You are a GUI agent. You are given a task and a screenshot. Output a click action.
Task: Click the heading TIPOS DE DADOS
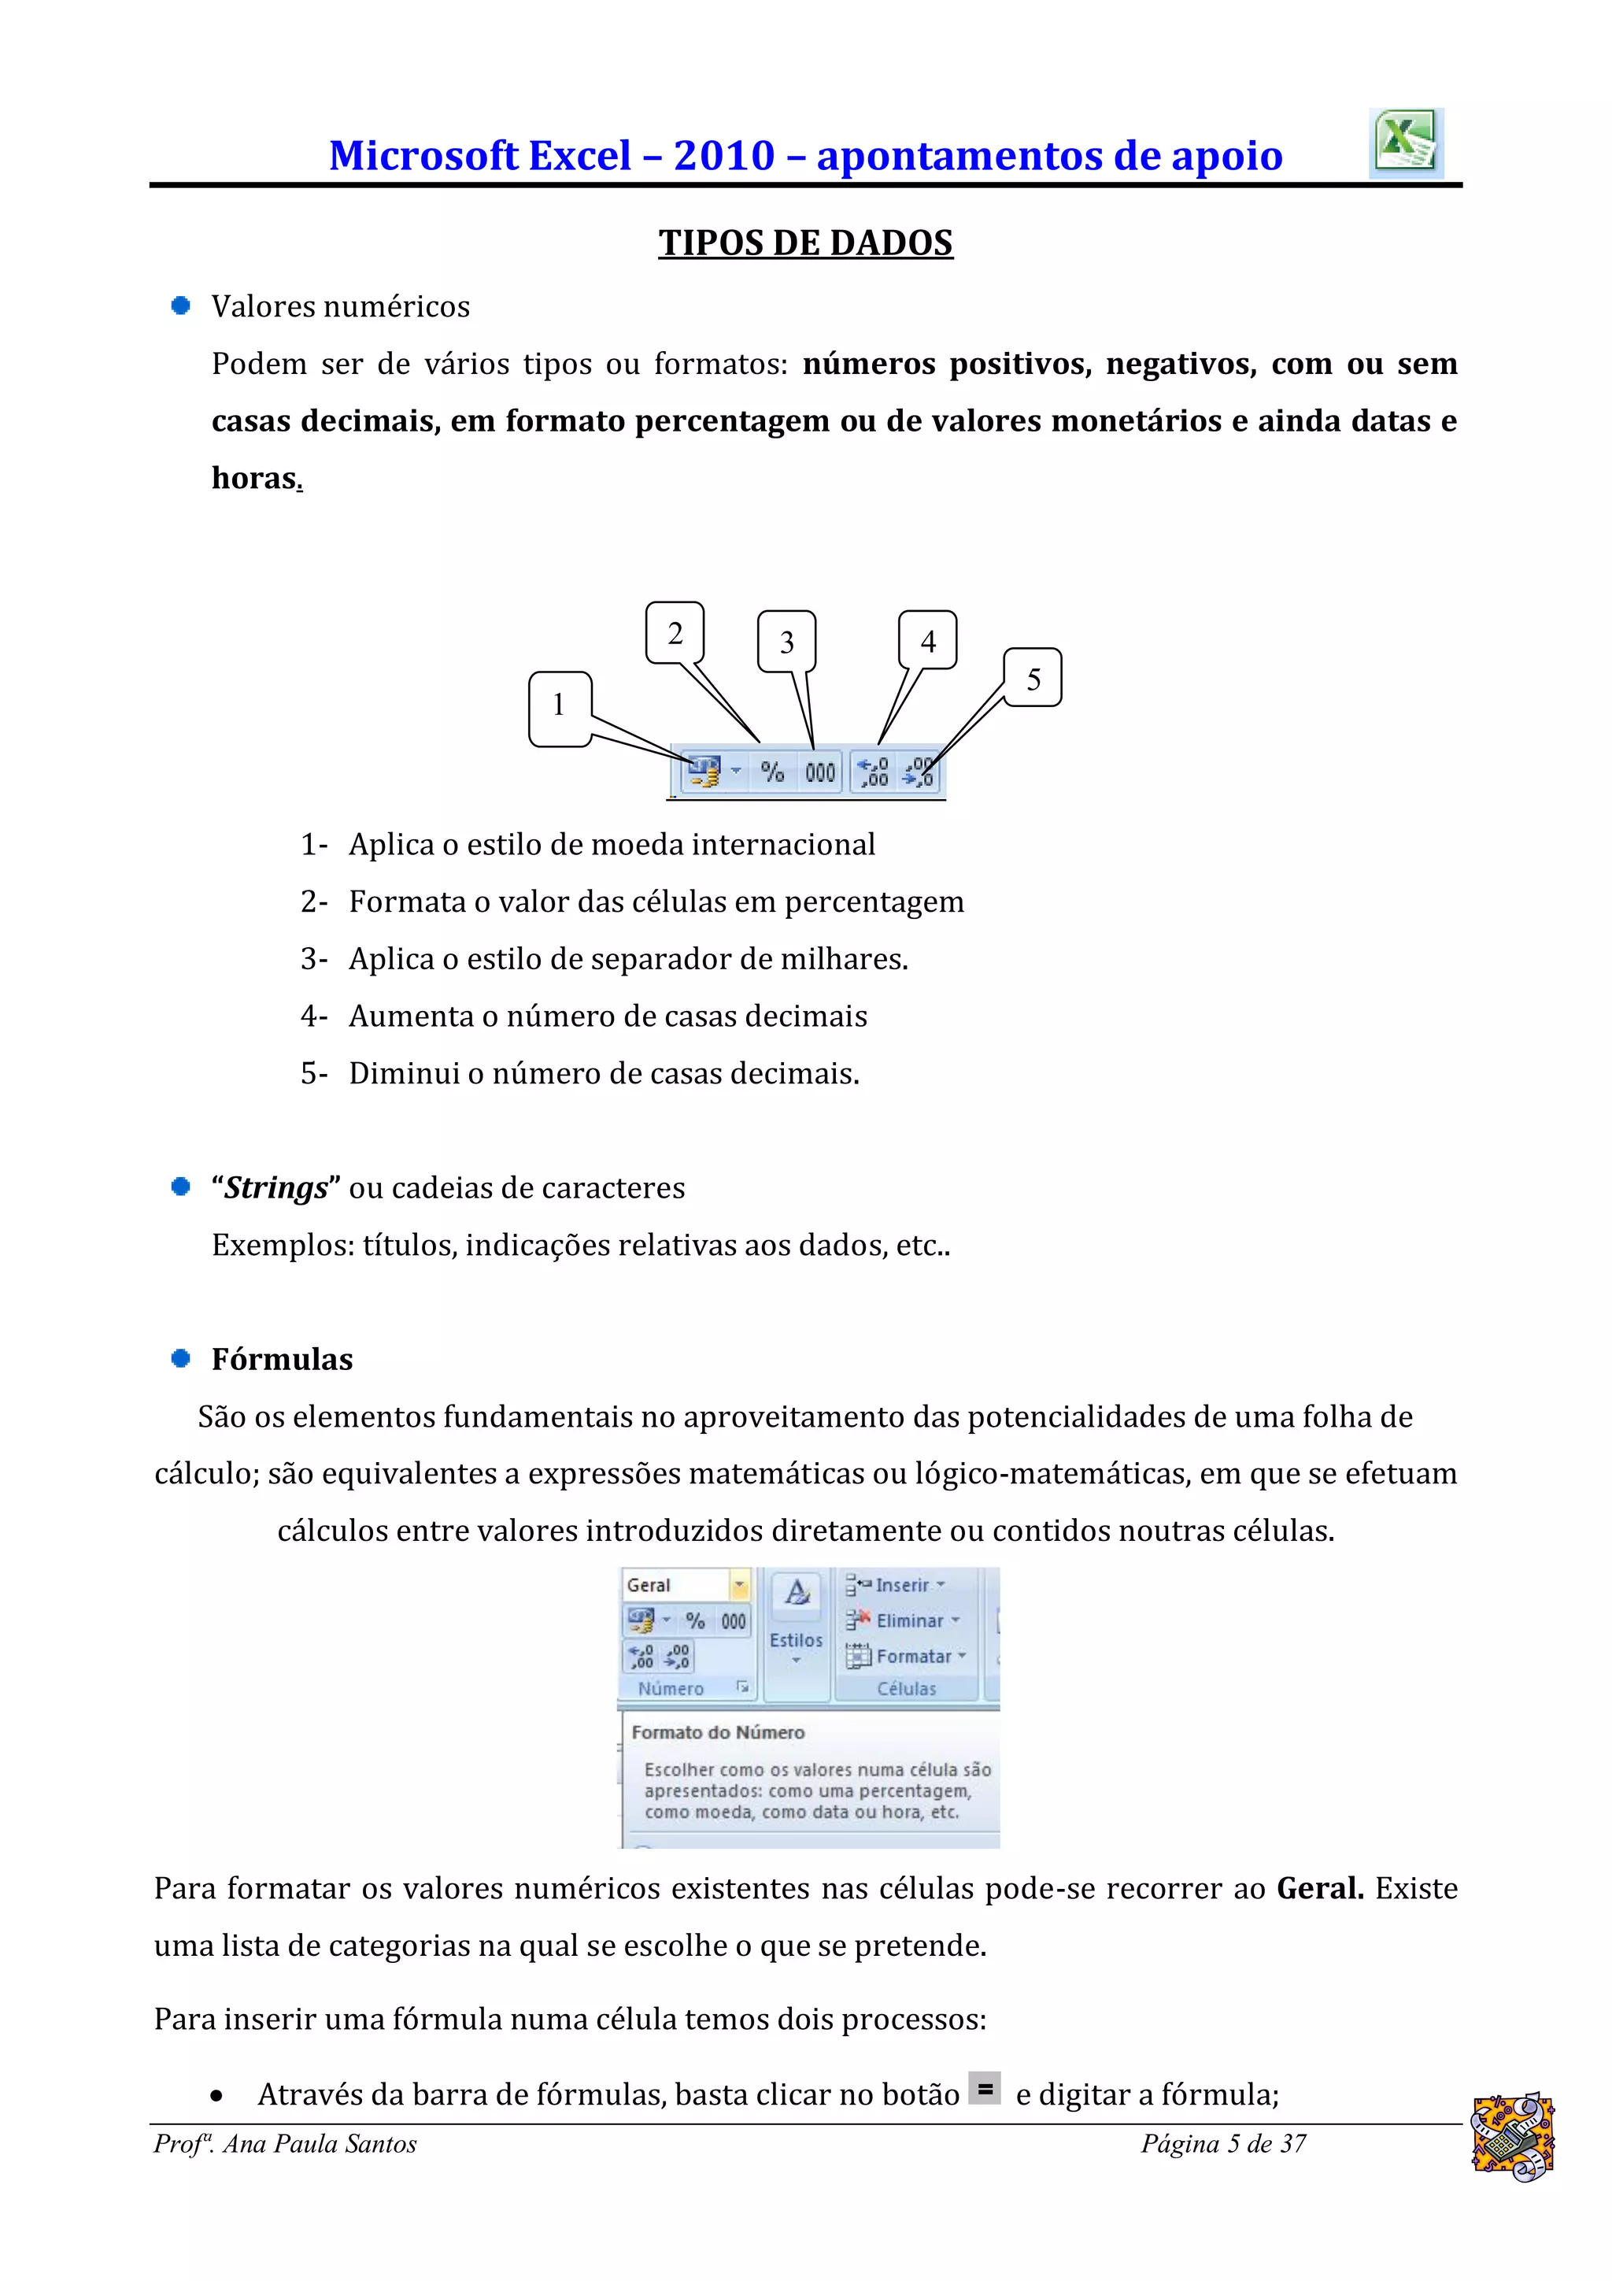(804, 243)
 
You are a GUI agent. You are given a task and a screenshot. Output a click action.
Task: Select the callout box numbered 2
(675, 633)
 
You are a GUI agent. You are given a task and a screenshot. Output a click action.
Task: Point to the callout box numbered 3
(786, 642)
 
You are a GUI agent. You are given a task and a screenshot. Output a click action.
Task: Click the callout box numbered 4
(928, 641)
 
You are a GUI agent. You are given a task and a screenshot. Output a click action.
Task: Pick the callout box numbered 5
(1033, 679)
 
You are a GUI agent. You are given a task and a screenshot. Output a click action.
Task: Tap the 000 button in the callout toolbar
(819, 772)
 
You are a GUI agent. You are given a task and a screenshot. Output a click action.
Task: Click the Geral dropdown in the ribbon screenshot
(686, 1585)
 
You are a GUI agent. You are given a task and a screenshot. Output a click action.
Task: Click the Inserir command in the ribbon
(897, 1585)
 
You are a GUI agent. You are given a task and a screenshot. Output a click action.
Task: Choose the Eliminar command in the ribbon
(904, 1620)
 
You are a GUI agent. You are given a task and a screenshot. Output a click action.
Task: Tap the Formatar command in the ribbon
(907, 1656)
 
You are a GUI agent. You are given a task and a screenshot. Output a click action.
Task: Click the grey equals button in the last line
(985, 2088)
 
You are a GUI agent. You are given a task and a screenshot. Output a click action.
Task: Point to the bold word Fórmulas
(282, 1359)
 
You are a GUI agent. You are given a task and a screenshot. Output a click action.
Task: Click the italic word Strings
(275, 1188)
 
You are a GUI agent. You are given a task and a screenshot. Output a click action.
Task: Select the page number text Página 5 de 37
(1222, 2144)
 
